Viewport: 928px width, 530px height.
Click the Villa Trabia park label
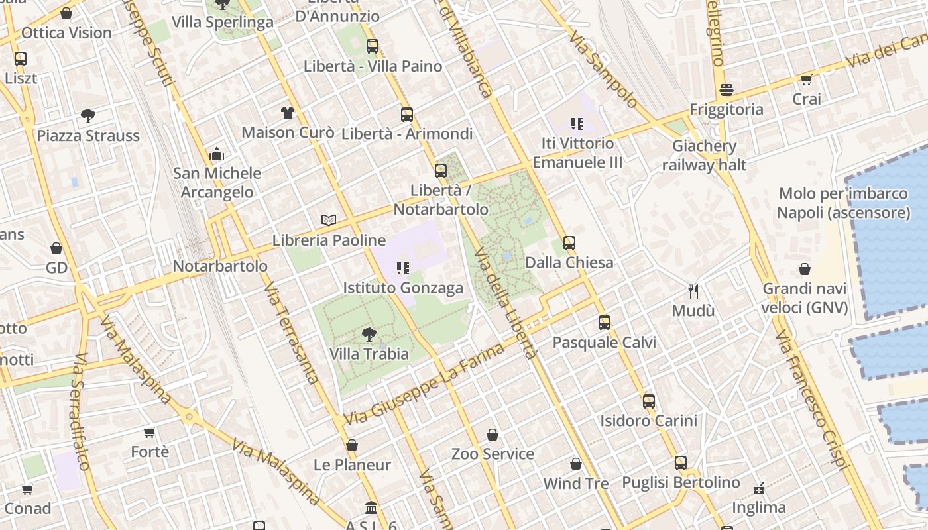(x=369, y=354)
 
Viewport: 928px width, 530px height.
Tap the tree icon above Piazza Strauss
(x=88, y=116)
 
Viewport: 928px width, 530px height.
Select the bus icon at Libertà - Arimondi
(x=407, y=114)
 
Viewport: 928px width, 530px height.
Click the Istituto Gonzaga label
(x=403, y=288)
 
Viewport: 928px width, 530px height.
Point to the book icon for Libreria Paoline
(x=328, y=220)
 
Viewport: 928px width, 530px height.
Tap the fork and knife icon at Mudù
(x=693, y=291)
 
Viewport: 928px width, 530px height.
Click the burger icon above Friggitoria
(x=726, y=89)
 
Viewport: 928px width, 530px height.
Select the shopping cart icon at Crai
(x=806, y=80)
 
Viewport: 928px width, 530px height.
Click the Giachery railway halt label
(x=704, y=156)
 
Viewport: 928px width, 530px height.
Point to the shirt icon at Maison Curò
(x=287, y=112)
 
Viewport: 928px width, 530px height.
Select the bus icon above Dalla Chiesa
(x=569, y=242)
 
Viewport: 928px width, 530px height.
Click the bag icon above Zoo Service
(x=493, y=435)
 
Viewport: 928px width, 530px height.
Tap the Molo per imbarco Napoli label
(x=843, y=203)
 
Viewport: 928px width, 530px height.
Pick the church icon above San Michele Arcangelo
(x=217, y=154)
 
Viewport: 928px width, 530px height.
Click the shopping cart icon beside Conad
(x=27, y=490)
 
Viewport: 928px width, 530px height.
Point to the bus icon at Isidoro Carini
(x=649, y=401)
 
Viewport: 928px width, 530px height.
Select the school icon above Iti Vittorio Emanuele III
(x=577, y=123)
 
